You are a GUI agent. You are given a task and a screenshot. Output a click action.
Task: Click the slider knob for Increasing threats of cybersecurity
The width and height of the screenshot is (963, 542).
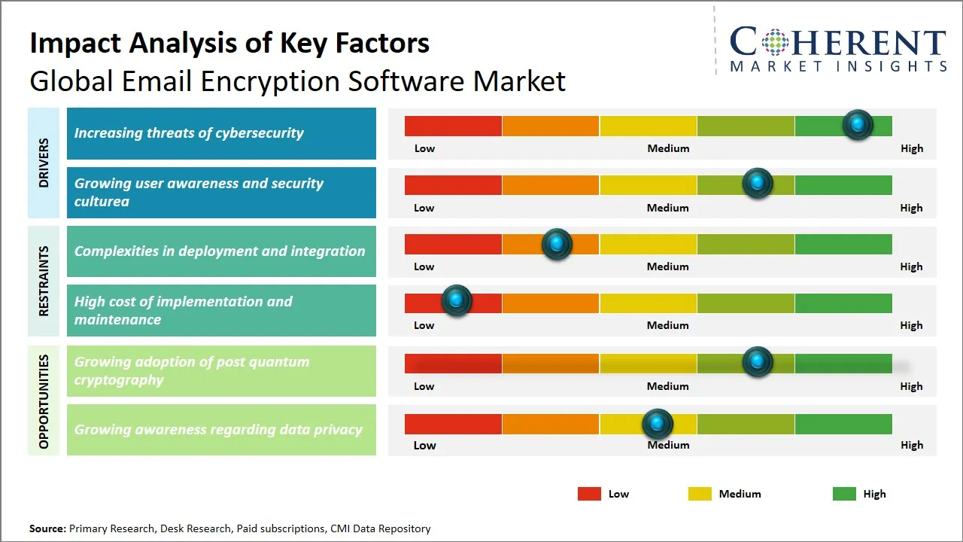(x=857, y=125)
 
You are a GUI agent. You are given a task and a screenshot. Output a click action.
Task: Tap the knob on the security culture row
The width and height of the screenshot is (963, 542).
(x=758, y=184)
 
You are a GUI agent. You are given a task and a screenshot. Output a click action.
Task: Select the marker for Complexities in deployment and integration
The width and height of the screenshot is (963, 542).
(x=557, y=244)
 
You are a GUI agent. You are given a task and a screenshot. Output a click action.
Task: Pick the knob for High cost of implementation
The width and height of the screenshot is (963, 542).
(x=456, y=300)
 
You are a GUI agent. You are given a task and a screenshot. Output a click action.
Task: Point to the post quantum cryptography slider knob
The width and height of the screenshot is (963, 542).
(x=758, y=362)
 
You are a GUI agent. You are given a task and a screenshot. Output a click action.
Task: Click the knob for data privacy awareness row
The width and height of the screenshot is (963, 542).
(x=658, y=425)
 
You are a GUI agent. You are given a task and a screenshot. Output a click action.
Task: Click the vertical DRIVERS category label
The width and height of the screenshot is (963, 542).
(x=44, y=163)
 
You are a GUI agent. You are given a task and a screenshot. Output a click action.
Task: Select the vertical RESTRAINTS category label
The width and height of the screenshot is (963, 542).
(x=44, y=281)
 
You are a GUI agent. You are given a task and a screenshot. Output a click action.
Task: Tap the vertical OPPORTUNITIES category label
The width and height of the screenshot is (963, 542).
(x=44, y=401)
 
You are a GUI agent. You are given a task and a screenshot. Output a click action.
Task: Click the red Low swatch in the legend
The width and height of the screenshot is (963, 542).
(x=589, y=494)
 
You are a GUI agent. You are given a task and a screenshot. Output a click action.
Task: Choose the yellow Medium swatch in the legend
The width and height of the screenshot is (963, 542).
(x=700, y=494)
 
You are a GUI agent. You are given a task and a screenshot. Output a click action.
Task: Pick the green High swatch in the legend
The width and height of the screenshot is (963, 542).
(x=844, y=494)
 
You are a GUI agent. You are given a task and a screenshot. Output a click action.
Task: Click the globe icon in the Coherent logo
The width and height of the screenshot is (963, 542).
(x=774, y=42)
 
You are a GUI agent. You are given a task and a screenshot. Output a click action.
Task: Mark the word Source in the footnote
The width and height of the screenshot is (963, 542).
(x=47, y=528)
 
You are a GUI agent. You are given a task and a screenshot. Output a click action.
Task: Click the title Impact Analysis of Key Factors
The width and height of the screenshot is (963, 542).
(x=229, y=44)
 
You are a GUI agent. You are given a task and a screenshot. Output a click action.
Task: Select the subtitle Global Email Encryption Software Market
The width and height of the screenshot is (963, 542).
(x=297, y=81)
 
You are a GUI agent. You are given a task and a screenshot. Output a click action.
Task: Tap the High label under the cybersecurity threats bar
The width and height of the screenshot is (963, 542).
(x=911, y=148)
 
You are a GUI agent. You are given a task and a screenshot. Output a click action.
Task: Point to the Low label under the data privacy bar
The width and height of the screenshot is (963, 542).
(x=424, y=445)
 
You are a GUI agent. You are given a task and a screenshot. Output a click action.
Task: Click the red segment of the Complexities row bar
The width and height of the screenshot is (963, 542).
(x=453, y=244)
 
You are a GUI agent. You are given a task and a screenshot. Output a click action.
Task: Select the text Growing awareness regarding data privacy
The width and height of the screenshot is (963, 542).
(x=218, y=430)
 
